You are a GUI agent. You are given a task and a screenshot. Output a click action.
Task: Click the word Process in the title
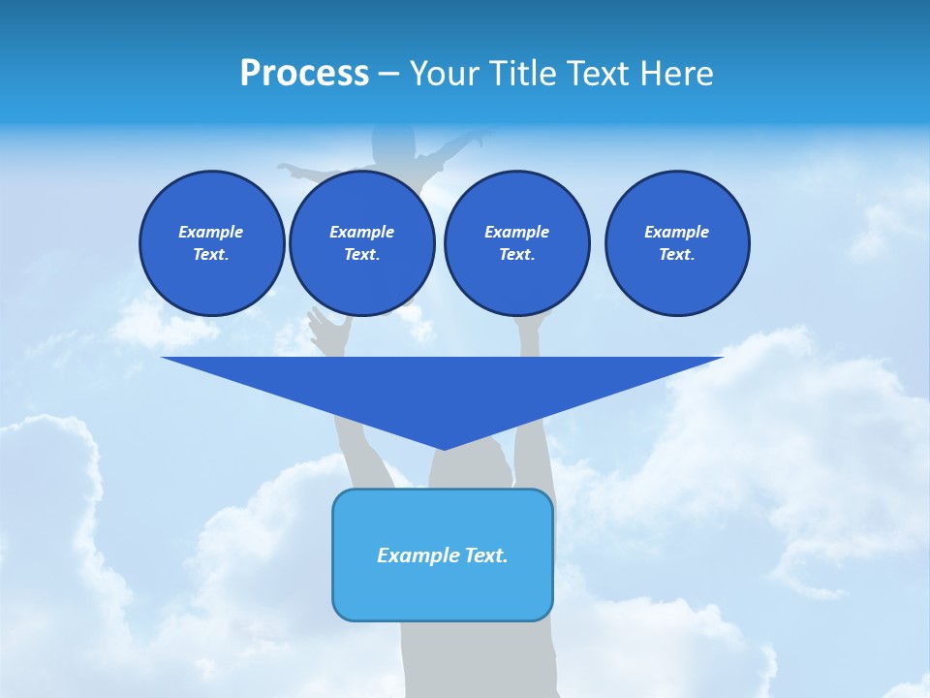(x=304, y=74)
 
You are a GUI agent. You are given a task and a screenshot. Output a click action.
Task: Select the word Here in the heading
(x=678, y=74)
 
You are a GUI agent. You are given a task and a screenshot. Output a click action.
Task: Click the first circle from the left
(x=211, y=243)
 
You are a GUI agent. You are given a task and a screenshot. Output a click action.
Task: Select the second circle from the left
(x=361, y=243)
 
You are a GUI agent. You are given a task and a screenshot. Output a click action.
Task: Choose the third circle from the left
(x=516, y=243)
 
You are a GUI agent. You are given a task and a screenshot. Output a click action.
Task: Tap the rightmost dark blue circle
(x=676, y=243)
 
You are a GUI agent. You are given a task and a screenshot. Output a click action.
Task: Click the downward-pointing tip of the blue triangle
(x=444, y=447)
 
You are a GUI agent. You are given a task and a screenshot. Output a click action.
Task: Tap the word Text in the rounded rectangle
(x=484, y=555)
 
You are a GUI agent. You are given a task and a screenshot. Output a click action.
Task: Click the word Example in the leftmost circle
(x=211, y=232)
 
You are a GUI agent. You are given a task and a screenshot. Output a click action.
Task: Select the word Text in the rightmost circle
(x=676, y=255)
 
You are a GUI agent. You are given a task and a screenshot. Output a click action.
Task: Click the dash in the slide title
(x=389, y=74)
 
